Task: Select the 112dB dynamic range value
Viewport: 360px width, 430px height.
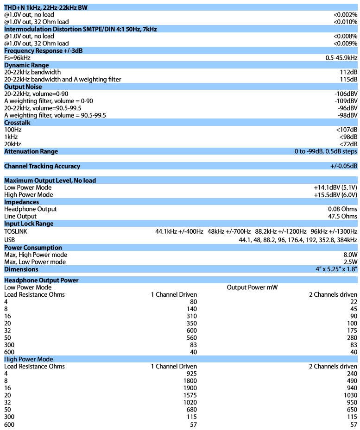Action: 348,72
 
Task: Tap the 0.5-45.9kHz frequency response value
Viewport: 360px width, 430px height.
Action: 341,58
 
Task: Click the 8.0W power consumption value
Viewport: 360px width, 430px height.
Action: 350,255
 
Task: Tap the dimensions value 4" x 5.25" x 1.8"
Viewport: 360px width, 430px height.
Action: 336,269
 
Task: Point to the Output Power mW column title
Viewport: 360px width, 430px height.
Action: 252,287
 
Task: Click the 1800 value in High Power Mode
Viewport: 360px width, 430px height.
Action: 190,380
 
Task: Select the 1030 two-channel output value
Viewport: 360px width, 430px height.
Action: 350,395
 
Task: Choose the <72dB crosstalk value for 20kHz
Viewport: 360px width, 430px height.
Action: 348,144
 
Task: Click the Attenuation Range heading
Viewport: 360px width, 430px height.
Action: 31,151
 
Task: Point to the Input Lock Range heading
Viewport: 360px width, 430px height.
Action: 29,224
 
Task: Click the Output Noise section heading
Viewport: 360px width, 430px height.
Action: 23,87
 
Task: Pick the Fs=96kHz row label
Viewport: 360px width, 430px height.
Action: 17,58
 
